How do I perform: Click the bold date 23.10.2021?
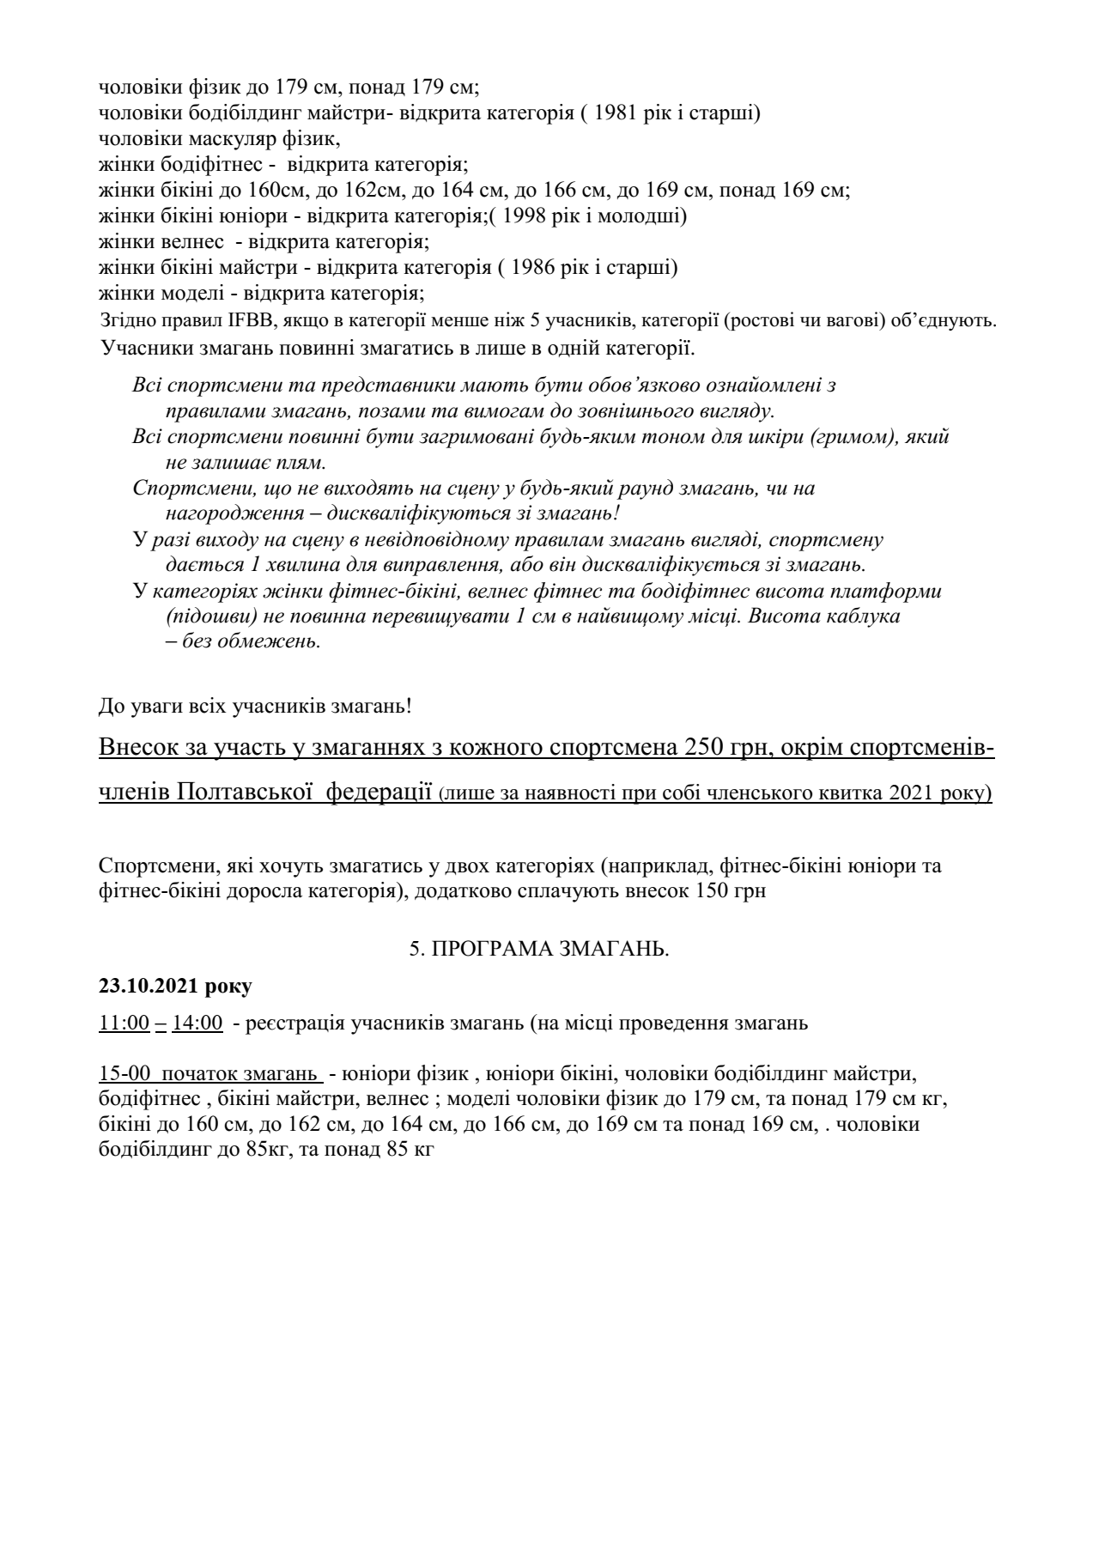pos(150,987)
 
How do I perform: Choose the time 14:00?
pos(197,1023)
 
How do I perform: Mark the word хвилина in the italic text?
pos(253,566)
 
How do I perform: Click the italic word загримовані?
pos(438,438)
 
